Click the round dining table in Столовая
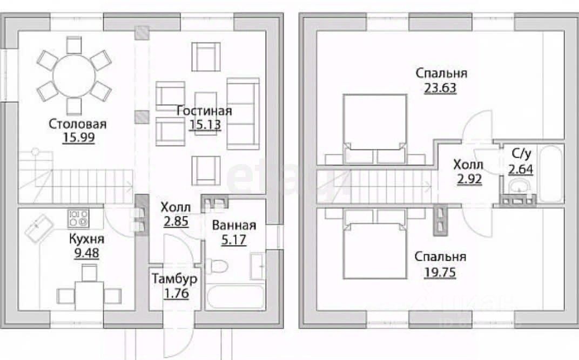coord(74,75)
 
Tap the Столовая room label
coord(78,124)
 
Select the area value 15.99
coord(79,138)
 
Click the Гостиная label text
coord(204,111)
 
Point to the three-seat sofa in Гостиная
coord(243,113)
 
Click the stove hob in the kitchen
coord(78,219)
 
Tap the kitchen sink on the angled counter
coord(39,228)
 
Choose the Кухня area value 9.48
coord(86,253)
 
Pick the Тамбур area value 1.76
coord(177,294)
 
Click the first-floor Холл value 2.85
coord(176,221)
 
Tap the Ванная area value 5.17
coord(234,240)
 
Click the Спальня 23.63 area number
coord(440,88)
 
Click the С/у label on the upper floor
coord(521,153)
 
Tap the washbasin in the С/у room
coord(520,186)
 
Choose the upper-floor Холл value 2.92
coord(469,179)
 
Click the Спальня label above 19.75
coord(440,257)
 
